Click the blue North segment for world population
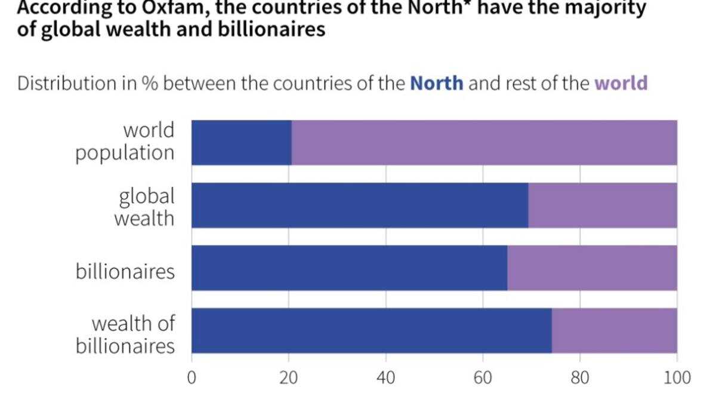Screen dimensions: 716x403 coord(242,143)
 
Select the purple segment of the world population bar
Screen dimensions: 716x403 coord(484,143)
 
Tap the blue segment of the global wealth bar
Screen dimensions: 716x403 coord(360,205)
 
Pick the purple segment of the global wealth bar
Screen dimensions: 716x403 coord(603,205)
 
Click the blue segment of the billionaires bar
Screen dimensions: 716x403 coord(350,268)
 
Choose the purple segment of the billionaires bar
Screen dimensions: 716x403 coord(592,268)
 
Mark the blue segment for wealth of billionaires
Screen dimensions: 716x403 coord(372,331)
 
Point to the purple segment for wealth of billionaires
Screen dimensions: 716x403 coord(615,331)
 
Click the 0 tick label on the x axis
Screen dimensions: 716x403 coord(192,378)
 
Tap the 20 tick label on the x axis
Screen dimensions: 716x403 coord(289,378)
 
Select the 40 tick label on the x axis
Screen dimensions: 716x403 coord(386,378)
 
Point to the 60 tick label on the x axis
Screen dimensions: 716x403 coord(483,378)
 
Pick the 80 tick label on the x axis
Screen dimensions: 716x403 coord(580,378)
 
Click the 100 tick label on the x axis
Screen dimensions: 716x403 coord(677,378)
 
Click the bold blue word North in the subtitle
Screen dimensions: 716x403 coord(437,83)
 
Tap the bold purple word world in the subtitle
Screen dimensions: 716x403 coord(621,83)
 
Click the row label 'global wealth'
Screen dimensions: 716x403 coord(144,207)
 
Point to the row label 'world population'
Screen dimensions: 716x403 coord(125,141)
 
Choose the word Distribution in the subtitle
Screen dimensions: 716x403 coord(67,83)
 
